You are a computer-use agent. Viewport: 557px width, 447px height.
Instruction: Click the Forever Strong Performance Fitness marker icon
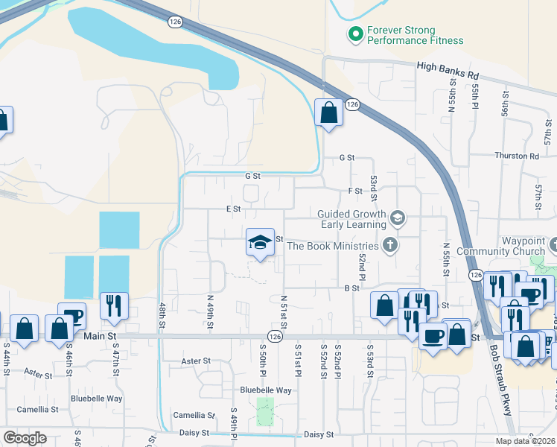tap(354, 34)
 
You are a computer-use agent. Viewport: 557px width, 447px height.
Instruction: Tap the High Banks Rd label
tap(448, 70)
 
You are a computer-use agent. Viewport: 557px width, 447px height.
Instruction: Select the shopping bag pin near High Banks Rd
tap(328, 113)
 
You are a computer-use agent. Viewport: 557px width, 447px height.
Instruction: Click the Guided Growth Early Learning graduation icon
tap(398, 218)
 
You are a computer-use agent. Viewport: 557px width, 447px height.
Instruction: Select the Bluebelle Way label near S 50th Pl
tap(265, 390)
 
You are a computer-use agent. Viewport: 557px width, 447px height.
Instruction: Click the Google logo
tap(25, 437)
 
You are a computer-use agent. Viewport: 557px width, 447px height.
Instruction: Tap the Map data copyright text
tap(525, 441)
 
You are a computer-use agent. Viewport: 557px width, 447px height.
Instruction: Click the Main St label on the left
tap(101, 337)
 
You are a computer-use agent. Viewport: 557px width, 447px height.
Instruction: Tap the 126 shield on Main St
tap(275, 337)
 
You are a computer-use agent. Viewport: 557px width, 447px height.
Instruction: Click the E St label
tap(234, 209)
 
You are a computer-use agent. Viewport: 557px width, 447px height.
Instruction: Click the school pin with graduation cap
tap(260, 243)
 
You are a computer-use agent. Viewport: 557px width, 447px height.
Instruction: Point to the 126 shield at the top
tap(175, 23)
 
